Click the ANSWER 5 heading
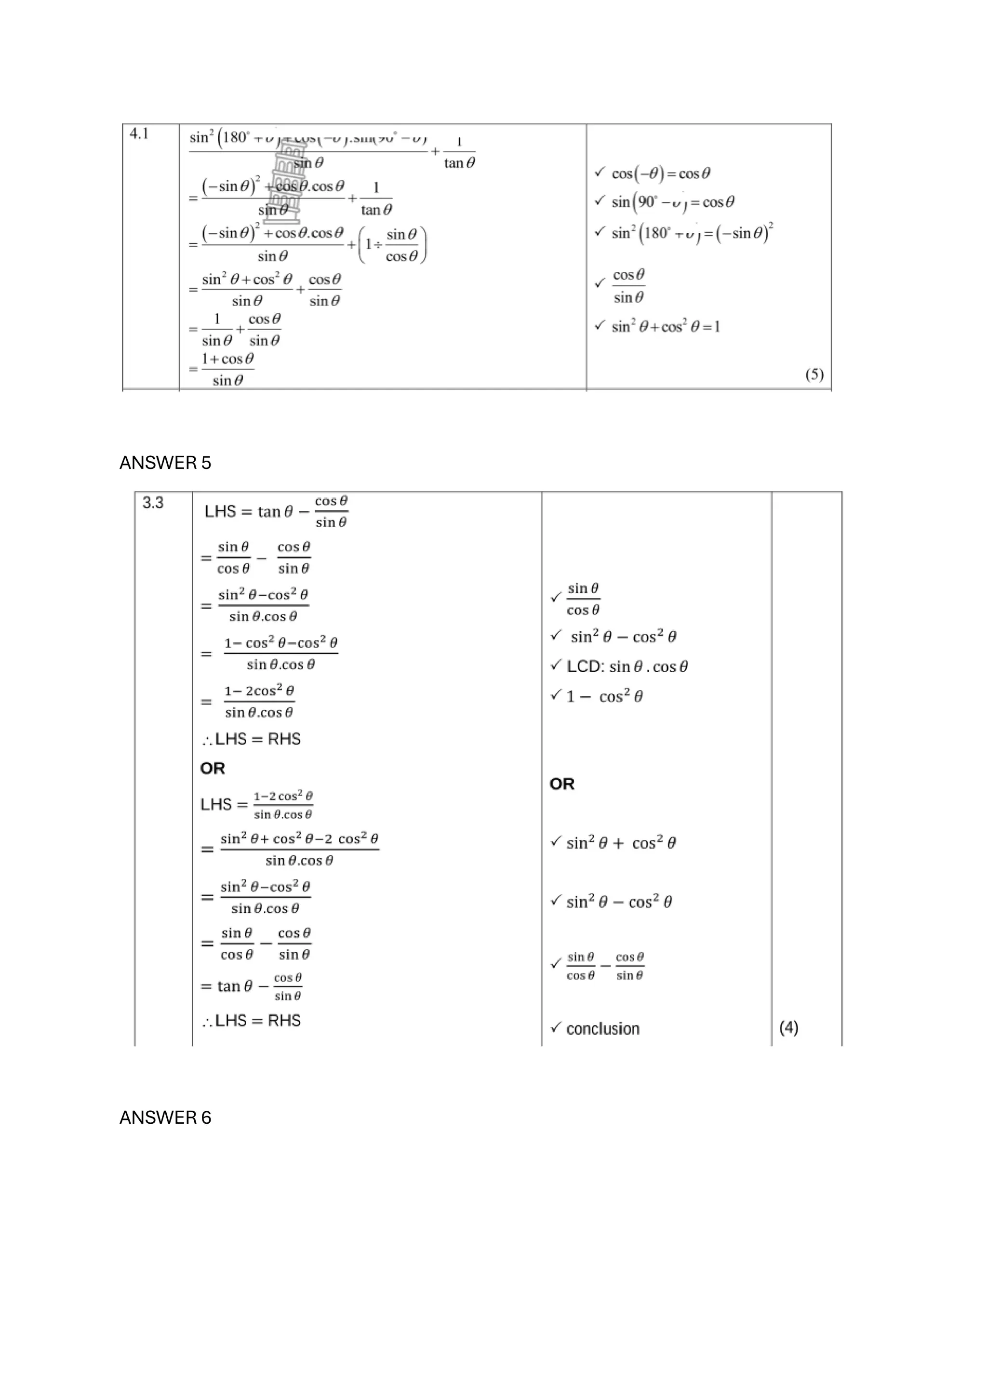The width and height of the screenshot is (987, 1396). (165, 463)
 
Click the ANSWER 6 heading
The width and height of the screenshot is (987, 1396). (165, 1117)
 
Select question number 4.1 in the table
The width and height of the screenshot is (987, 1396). (139, 134)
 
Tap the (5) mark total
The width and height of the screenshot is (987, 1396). (814, 374)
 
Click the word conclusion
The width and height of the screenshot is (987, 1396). (603, 1029)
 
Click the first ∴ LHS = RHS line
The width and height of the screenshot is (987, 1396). (251, 739)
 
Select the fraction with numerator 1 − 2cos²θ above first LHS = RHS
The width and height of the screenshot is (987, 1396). (259, 702)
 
